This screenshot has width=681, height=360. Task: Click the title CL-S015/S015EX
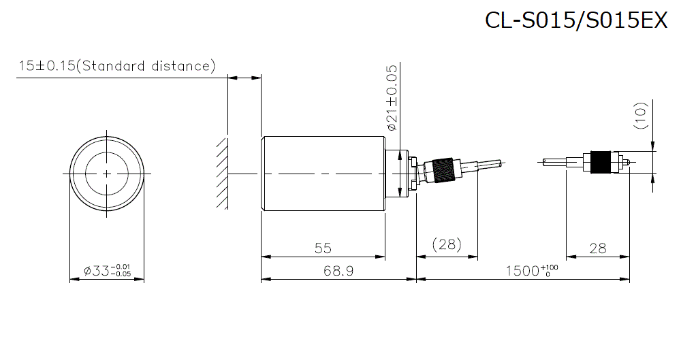click(x=576, y=20)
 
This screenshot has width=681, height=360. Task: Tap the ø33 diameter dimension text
click(x=107, y=271)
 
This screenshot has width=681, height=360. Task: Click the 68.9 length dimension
click(x=338, y=271)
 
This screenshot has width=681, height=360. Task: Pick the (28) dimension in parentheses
click(x=447, y=244)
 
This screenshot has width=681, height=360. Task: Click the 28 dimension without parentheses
click(x=597, y=248)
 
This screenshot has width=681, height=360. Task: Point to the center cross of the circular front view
click(x=107, y=174)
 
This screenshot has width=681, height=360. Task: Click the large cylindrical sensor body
click(x=323, y=174)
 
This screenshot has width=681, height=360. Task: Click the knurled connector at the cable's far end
click(x=601, y=162)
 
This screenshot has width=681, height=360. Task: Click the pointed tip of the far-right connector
click(x=633, y=162)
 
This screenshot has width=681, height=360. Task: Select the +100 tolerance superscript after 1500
click(x=551, y=267)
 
